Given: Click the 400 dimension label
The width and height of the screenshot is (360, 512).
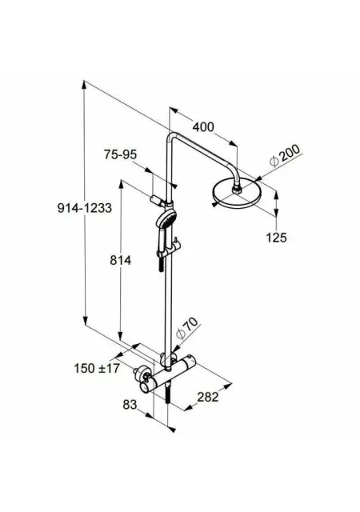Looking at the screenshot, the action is (203, 126).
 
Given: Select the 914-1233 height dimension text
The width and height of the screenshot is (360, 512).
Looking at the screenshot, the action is (85, 208).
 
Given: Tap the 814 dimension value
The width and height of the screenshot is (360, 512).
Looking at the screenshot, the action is (120, 260).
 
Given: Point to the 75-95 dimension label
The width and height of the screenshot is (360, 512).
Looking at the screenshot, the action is (120, 154).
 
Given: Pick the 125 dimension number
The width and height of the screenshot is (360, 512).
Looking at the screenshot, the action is (276, 238).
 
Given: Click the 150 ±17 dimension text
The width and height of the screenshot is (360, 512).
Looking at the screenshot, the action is (97, 368).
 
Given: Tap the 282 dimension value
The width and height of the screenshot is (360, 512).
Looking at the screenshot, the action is (208, 397).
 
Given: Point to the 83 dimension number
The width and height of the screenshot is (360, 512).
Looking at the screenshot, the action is (130, 405).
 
